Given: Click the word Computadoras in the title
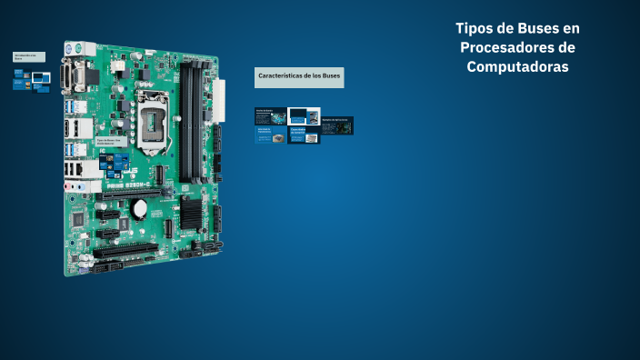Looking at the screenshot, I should (x=517, y=67).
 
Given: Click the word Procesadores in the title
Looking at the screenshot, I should (x=517, y=47).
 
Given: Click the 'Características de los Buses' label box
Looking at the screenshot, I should (x=299, y=76).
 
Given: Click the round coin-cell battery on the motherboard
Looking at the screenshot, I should (x=140, y=208).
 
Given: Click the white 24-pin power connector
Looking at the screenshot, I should (x=218, y=99).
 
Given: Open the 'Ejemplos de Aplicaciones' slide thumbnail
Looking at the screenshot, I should (x=336, y=125).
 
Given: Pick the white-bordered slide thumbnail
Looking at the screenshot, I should (x=304, y=116).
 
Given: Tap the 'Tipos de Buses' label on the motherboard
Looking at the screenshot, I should (x=110, y=143).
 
